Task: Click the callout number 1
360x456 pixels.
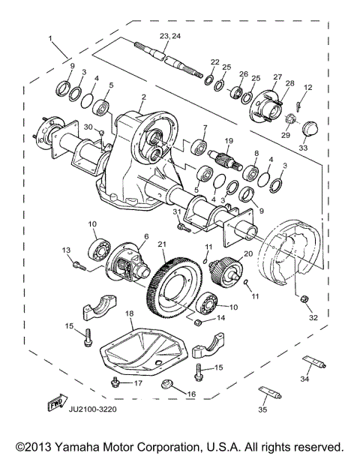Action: point(50,37)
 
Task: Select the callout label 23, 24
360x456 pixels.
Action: point(170,36)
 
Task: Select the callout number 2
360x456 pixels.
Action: point(143,97)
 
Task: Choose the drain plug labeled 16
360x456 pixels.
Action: point(168,385)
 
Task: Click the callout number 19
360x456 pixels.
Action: point(229,140)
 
